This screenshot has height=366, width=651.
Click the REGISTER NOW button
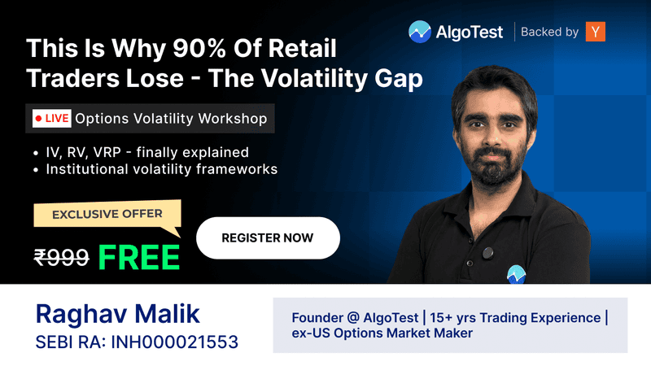268,237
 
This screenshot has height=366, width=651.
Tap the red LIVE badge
51,119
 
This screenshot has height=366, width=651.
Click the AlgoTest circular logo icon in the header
420,32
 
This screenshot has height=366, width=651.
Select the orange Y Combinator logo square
596,32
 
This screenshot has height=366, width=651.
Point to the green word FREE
139,256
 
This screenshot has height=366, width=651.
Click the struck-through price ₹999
61,257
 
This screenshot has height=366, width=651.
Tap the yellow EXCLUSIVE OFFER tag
107,215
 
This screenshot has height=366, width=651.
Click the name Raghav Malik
117,313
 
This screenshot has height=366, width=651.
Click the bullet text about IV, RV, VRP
146,152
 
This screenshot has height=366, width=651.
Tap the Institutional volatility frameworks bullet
161,169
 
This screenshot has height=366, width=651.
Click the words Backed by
549,32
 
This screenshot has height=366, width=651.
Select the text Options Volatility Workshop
171,119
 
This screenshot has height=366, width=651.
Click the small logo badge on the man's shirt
514,274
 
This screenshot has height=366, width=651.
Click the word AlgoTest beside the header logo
470,32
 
